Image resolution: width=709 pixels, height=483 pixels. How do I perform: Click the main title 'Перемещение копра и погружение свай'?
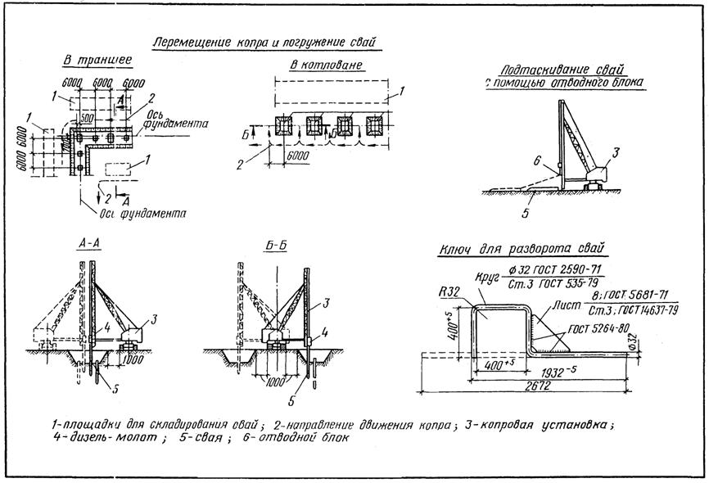266,42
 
